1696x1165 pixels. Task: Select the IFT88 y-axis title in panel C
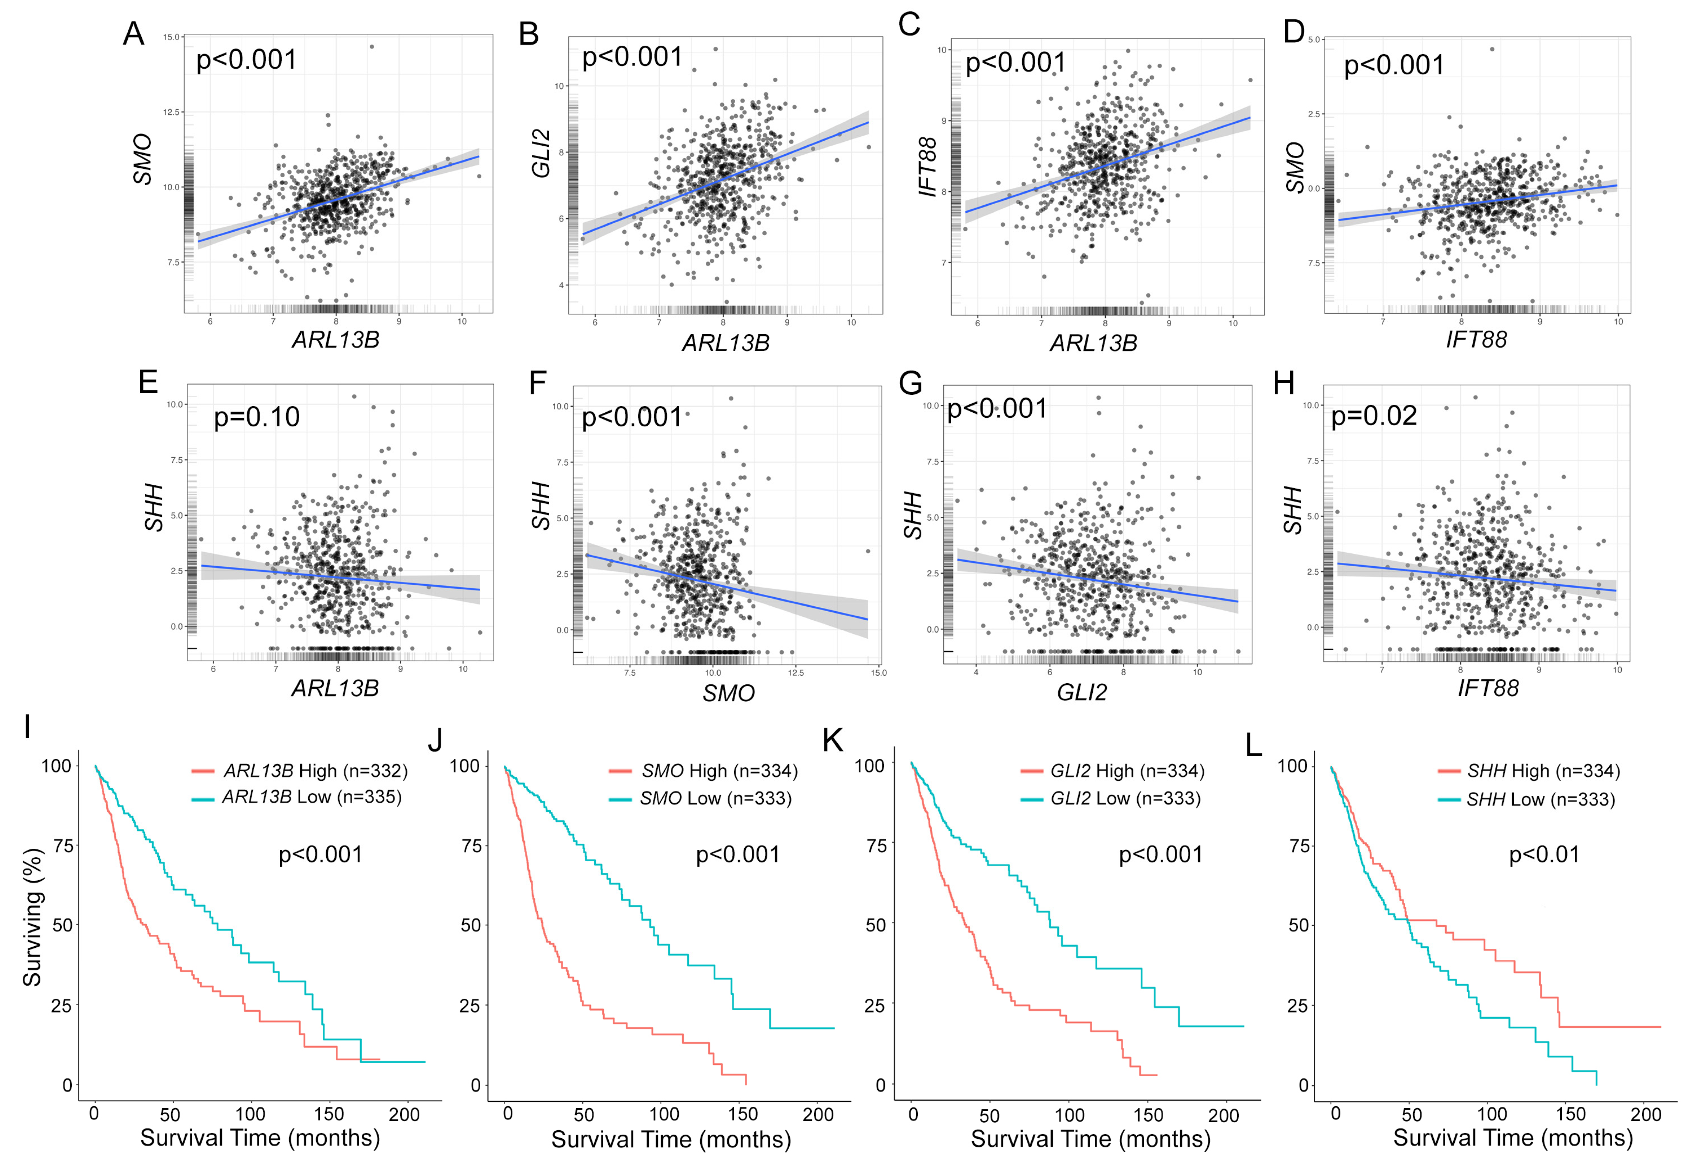(927, 167)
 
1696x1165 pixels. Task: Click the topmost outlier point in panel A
(372, 47)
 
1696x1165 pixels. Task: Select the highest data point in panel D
(1492, 50)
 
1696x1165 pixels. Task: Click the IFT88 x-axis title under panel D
(1476, 340)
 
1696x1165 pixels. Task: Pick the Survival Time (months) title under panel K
(1090, 1139)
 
